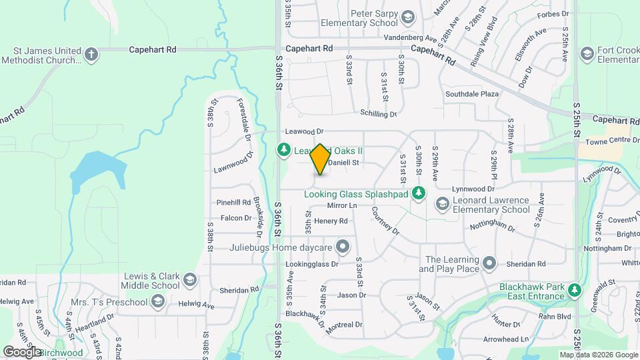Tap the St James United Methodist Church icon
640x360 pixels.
point(92,53)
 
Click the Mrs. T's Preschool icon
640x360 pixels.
point(157,302)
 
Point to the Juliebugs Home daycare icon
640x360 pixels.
point(343,247)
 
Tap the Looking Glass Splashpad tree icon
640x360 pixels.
point(419,194)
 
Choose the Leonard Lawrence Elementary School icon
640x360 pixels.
point(441,204)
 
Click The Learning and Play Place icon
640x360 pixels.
point(490,264)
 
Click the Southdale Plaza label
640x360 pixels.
point(472,94)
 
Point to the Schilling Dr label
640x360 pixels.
point(378,114)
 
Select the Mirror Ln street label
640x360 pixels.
point(343,206)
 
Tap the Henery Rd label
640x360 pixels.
point(331,221)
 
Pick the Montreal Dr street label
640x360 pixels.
point(344,325)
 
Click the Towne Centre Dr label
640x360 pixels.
point(607,141)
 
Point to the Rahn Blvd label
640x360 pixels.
point(555,316)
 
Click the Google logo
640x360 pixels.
point(21,351)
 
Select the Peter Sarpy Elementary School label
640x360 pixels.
point(359,18)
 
